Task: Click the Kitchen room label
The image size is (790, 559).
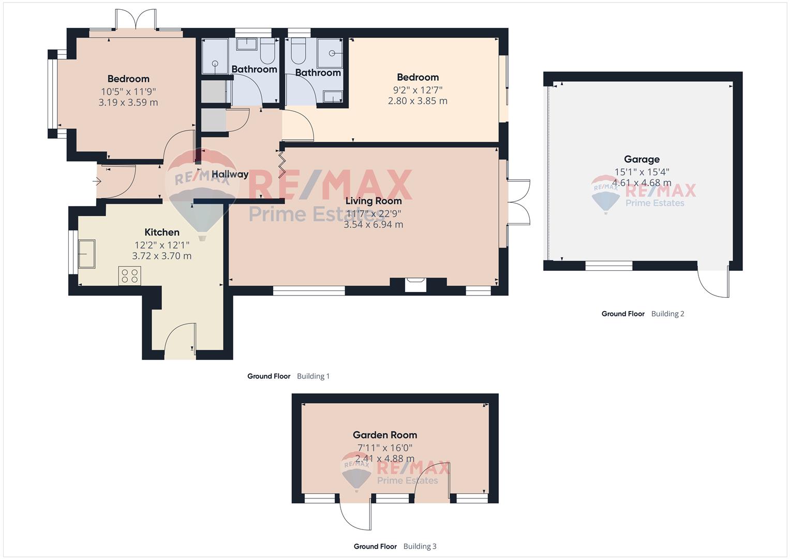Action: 162,232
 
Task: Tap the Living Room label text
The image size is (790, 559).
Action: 373,201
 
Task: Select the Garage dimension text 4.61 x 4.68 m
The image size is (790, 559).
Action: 642,183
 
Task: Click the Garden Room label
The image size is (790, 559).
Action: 385,435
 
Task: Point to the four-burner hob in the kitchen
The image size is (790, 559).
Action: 130,275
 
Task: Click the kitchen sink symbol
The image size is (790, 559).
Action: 86,254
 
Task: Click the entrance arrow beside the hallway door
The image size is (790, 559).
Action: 97,182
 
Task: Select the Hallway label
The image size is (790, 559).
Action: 230,174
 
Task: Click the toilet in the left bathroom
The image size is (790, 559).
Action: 267,52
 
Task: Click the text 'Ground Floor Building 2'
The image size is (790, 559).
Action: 643,314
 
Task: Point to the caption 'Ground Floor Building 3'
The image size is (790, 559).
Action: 395,546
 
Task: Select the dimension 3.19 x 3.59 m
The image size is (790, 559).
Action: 128,102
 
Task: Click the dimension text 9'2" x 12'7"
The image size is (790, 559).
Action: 418,89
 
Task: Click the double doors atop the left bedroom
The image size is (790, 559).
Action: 136,21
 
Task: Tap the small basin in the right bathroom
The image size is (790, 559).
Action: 332,96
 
